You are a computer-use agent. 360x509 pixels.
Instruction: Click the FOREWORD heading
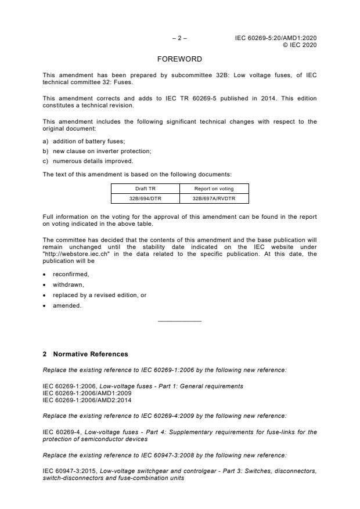[179, 59]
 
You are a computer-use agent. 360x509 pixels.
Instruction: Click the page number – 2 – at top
[179, 38]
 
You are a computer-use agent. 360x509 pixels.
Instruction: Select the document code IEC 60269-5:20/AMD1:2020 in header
[276, 38]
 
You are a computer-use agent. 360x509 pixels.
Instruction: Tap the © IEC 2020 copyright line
[300, 45]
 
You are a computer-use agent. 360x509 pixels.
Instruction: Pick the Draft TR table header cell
[145, 188]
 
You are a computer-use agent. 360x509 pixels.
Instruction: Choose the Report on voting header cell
[214, 188]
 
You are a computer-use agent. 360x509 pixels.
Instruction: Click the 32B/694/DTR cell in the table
[145, 198]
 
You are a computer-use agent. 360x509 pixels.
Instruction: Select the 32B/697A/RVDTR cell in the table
[214, 198]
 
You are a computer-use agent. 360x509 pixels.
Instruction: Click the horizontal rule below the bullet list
[179, 321]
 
